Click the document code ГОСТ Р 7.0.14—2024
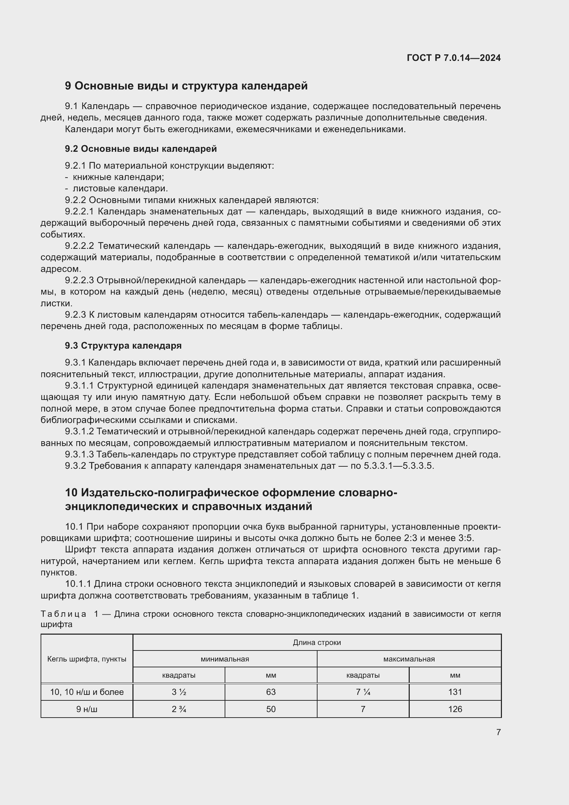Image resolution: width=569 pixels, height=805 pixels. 453,58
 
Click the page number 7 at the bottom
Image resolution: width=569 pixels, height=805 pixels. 498,732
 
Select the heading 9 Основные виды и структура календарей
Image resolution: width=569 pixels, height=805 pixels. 186,86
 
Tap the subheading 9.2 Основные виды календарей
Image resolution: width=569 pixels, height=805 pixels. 140,149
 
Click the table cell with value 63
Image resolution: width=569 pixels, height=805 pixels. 271,692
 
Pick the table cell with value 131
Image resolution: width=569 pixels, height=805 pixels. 455,692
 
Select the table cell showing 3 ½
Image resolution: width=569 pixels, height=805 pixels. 179,692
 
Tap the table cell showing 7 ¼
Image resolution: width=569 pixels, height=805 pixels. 363,692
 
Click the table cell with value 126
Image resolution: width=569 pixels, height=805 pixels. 455,709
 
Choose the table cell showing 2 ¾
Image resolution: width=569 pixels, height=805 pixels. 179,709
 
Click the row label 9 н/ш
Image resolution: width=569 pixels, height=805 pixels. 87,709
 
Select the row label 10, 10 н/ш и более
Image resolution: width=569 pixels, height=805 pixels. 87,692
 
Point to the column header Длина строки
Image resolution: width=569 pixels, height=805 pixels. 317,642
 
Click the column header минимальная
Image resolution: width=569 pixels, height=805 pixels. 225,659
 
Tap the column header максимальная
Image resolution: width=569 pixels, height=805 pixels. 409,659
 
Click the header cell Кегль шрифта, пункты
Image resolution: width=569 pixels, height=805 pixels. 87,659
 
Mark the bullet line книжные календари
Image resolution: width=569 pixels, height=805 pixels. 118,177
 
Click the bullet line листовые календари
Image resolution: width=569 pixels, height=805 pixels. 120,188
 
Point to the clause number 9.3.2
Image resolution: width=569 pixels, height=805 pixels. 75,466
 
